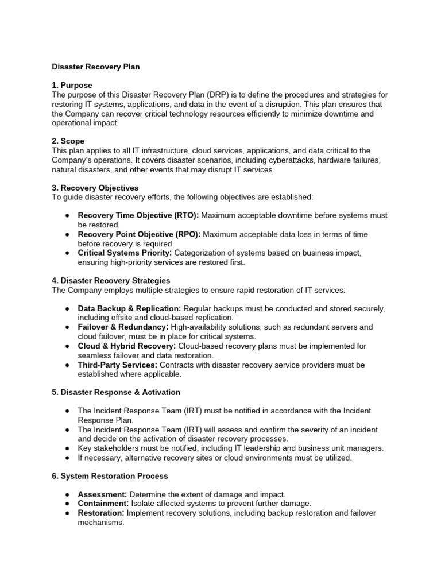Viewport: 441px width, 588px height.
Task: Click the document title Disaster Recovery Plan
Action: tap(96, 67)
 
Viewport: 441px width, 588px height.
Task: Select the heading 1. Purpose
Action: tap(72, 85)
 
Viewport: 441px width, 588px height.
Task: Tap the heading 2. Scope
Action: tap(68, 141)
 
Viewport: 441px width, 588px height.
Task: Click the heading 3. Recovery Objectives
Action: tap(95, 188)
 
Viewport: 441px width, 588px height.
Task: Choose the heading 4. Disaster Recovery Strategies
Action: tap(111, 281)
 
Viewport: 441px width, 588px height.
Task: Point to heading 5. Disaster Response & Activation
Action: tap(116, 392)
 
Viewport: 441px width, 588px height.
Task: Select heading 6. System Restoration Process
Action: tap(110, 476)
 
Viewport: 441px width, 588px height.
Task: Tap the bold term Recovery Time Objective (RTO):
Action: tap(138, 215)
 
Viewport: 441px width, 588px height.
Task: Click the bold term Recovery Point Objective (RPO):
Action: tap(140, 234)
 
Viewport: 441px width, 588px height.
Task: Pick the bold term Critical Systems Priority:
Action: tap(125, 253)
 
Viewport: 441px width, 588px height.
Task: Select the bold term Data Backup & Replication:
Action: tap(129, 308)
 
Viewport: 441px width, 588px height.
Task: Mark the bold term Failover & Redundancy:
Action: tap(123, 327)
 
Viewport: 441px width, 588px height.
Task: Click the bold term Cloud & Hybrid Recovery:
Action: tap(127, 346)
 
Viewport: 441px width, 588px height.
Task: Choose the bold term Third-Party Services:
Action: tap(117, 365)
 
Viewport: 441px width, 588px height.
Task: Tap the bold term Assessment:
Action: tap(103, 494)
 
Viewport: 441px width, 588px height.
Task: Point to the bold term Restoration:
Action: tap(101, 513)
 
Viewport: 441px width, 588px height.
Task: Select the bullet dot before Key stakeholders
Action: tap(68, 448)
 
